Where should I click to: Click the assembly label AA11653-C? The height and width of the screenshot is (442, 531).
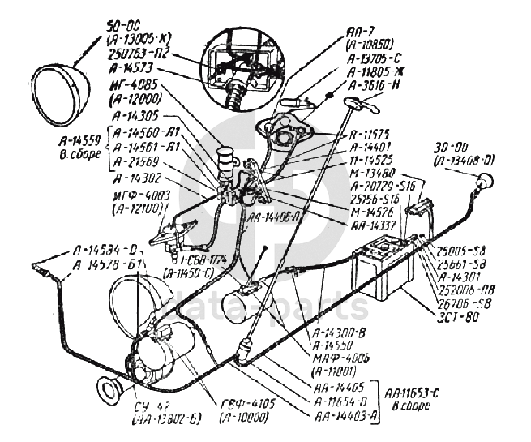(x=414, y=393)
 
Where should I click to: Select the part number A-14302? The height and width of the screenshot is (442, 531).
(x=139, y=178)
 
